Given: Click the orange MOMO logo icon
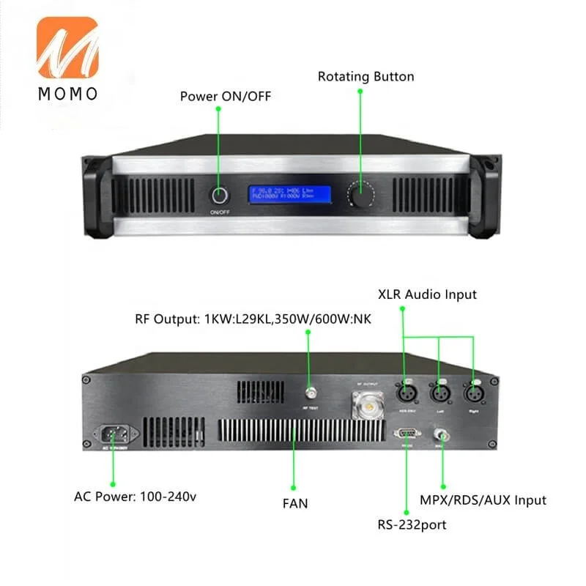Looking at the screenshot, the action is click(66, 49).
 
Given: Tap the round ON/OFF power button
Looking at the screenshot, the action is click(219, 196).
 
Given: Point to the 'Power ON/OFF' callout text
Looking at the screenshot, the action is click(219, 96).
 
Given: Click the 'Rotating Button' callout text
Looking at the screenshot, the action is click(366, 76).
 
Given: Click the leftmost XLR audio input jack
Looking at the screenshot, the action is click(403, 392).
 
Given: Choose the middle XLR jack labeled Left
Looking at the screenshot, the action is click(439, 392).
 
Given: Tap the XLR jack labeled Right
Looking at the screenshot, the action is click(473, 392).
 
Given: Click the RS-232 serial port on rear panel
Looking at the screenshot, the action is click(407, 434).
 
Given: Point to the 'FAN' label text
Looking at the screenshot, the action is click(295, 503).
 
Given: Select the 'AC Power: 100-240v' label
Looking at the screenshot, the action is click(135, 496).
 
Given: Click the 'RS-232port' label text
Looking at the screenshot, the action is click(412, 524).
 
